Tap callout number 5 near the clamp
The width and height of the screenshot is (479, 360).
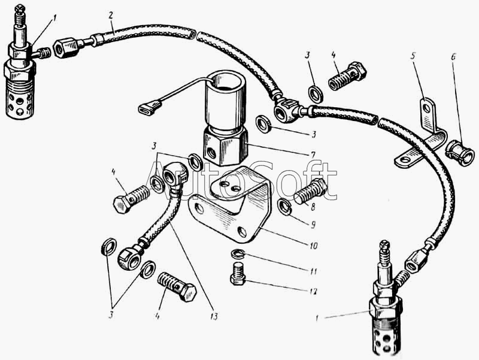click(413, 57)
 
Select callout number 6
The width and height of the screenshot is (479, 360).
click(453, 57)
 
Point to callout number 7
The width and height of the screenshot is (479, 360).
click(313, 155)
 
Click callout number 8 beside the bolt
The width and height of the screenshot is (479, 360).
click(313, 207)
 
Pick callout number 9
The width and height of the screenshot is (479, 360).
click(313, 225)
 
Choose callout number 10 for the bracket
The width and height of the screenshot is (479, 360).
click(313, 246)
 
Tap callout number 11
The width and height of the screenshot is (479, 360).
click(313, 271)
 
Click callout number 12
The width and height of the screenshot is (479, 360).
click(313, 291)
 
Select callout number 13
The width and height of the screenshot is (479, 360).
click(214, 316)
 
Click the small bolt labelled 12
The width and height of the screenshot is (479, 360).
click(238, 274)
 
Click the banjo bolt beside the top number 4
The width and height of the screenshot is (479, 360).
click(347, 75)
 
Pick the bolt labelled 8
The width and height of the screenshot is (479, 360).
click(310, 191)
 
